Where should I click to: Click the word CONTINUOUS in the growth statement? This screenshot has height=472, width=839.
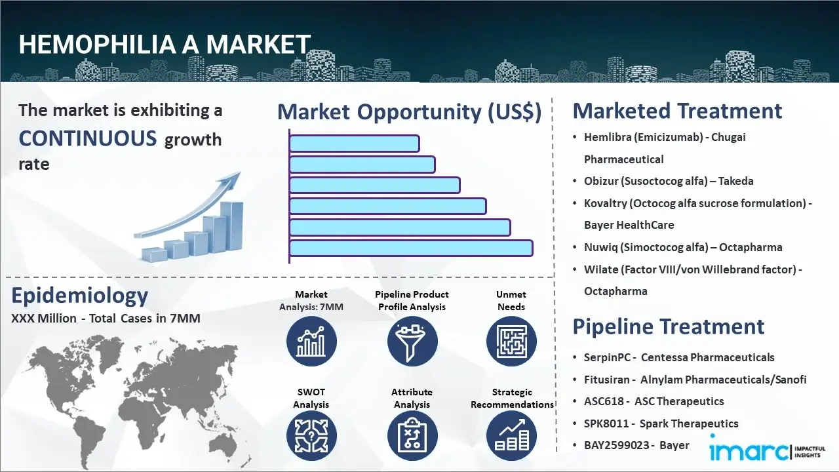point(88,138)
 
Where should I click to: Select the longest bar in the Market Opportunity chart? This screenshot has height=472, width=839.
point(411,248)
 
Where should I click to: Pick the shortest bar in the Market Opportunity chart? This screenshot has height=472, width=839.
point(355,144)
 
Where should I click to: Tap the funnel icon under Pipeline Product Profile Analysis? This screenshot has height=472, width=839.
point(412,342)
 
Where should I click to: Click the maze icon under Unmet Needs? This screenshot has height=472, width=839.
point(511,342)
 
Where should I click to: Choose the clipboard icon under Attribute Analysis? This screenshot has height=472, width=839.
point(412,436)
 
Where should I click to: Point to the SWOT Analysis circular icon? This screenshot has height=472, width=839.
point(311,436)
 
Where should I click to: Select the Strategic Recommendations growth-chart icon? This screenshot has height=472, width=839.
point(511,436)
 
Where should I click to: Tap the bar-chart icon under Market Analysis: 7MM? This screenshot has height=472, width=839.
point(311,342)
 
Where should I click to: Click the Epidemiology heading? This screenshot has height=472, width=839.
point(80,296)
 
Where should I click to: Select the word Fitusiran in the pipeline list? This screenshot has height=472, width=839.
point(606,380)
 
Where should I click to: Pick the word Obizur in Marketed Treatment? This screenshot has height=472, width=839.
point(600,182)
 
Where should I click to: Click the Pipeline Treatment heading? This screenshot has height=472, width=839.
point(668,326)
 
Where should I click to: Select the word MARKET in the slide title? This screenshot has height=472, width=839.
point(258,44)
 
